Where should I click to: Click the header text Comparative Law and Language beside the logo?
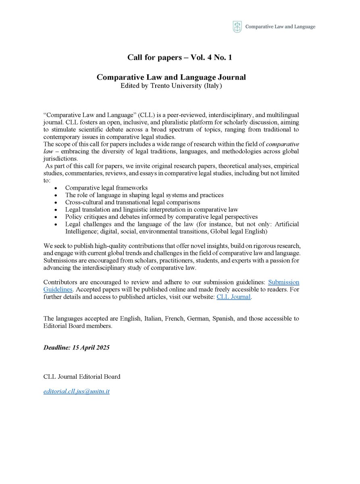point(281,27)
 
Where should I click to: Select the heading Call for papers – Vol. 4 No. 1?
point(179,58)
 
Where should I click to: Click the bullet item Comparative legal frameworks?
point(106,188)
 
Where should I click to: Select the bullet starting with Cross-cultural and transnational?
point(133,202)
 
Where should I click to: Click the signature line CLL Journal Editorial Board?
point(82,376)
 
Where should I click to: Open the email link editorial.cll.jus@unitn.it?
point(77,391)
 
